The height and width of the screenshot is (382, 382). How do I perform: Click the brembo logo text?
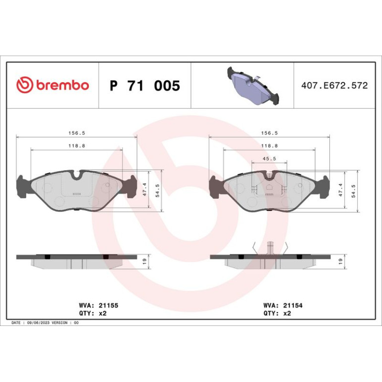point(63,85)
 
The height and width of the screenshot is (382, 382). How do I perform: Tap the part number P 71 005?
point(145,85)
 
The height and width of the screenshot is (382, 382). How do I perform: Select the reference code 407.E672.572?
point(334,85)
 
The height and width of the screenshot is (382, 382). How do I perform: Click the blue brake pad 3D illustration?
point(253,85)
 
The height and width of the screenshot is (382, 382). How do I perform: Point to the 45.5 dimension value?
point(269,159)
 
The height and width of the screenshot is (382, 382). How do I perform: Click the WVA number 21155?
point(109,306)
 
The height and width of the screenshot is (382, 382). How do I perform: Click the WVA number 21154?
point(293,306)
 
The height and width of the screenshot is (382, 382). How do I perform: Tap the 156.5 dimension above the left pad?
point(77,133)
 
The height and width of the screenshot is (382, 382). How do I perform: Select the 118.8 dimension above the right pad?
point(269,146)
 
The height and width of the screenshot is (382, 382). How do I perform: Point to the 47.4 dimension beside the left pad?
point(145,190)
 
